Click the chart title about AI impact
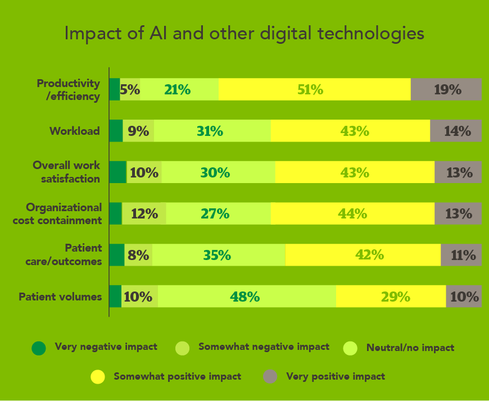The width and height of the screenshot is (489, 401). [x=244, y=34]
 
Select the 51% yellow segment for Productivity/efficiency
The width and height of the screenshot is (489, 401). [x=314, y=90]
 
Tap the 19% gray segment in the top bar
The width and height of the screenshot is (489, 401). [x=446, y=90]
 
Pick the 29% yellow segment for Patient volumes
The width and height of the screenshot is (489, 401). [x=391, y=297]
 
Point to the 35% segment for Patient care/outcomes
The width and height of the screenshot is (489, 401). [x=218, y=255]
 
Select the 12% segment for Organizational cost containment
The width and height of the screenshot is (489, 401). [x=144, y=214]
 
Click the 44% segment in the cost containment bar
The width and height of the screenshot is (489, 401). [x=352, y=214]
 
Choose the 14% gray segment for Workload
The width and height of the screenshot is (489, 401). [x=456, y=131]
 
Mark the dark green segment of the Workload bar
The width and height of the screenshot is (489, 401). [x=116, y=131]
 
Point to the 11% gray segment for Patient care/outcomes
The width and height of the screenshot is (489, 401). [x=461, y=255]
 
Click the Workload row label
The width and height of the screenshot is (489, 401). [x=75, y=131]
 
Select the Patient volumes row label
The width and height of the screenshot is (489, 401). [x=60, y=297]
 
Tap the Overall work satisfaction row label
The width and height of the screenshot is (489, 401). [x=66, y=172]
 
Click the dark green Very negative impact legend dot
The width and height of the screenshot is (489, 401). [x=38, y=348]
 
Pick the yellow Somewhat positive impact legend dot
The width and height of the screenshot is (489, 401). [x=98, y=377]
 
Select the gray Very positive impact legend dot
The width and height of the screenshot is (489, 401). [x=270, y=377]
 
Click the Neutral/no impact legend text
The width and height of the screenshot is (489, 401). [x=410, y=348]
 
